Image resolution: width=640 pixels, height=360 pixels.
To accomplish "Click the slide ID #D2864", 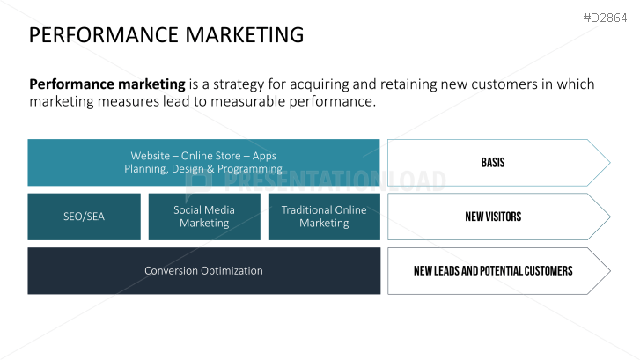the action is pos(605,18).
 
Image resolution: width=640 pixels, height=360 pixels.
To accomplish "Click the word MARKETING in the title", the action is pos(245,34).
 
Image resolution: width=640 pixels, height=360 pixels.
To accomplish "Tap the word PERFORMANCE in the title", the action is pos(104,34).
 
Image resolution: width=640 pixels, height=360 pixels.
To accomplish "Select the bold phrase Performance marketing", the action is pos(107,84).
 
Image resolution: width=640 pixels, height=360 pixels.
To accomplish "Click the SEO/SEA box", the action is pos(85,217).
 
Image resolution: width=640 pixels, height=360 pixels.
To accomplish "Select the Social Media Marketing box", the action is pos(204,217).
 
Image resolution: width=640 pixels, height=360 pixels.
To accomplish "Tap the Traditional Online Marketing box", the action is pos(324,217).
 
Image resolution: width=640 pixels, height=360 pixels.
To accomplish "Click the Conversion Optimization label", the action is pos(203,270).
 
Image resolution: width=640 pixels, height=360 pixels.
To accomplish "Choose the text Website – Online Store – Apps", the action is pos(203,156).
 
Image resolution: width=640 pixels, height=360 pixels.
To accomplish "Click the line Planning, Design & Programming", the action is pos(203,169).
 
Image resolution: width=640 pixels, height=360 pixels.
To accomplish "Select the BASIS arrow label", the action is pos(493,163).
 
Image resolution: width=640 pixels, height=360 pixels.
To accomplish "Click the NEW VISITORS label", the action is pos(493,217).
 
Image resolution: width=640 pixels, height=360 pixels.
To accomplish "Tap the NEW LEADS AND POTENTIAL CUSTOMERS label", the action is pos(493,270).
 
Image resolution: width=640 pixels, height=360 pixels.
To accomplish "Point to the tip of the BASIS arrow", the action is pos(610,163).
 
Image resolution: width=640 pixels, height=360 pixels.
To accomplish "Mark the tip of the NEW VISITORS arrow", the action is pos(610,217).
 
